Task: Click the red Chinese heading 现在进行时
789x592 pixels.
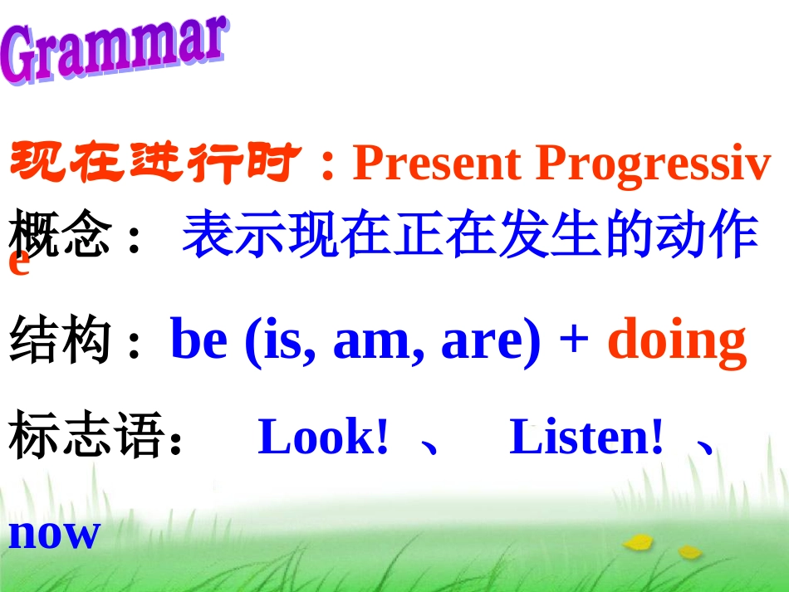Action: [x=153, y=163]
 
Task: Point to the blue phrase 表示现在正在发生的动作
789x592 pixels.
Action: [x=469, y=235]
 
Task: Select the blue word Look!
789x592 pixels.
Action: [x=323, y=438]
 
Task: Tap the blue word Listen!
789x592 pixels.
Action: [x=586, y=438]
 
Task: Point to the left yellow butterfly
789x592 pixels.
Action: [x=638, y=543]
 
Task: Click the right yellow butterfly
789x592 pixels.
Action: [x=689, y=550]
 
